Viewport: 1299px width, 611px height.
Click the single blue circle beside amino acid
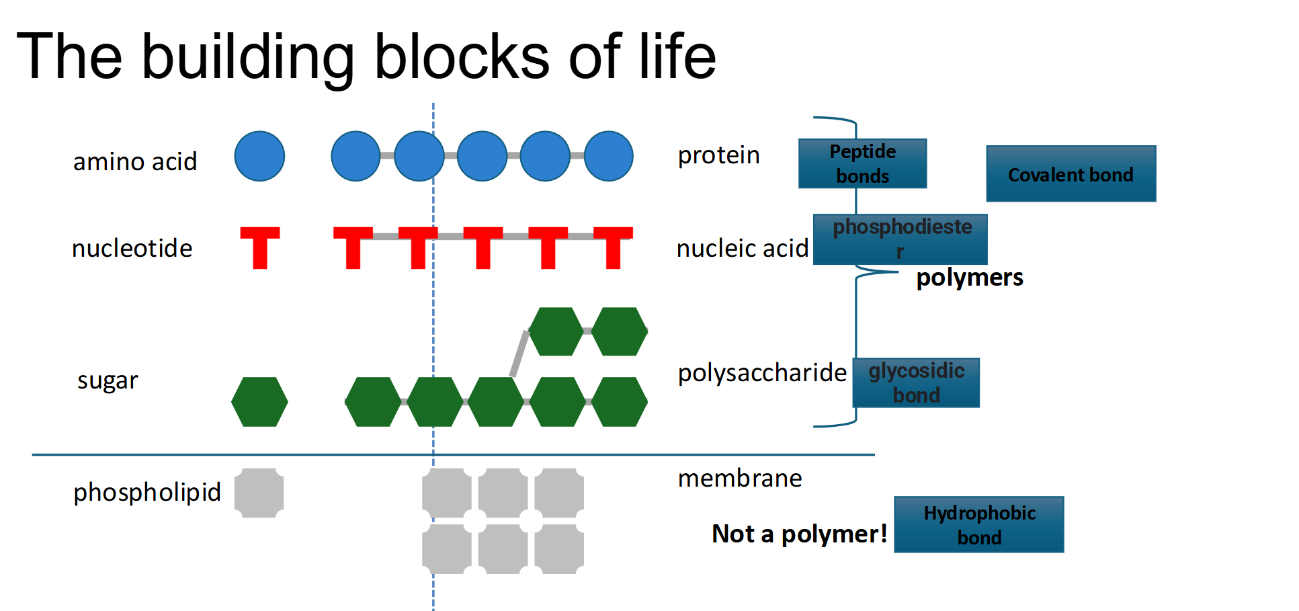259,156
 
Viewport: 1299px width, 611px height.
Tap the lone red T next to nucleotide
260,246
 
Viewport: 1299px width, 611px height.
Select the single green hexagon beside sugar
259,401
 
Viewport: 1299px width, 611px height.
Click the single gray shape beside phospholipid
259,493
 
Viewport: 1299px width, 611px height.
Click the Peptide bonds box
862,163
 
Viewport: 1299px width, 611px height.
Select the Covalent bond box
1071,173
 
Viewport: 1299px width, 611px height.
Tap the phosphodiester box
900,239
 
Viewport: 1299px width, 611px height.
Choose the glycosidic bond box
916,382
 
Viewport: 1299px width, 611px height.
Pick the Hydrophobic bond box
978,524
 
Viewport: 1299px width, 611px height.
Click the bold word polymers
969,278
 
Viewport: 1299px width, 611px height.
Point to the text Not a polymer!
799,534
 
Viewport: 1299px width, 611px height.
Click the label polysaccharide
761,372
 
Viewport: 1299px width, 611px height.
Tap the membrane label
739,479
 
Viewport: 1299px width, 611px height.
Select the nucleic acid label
742,249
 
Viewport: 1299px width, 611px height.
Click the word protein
718,155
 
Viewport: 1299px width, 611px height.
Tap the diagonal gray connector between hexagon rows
519,354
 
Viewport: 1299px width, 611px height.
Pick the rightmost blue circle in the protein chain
608,156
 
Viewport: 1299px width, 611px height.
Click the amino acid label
134,162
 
